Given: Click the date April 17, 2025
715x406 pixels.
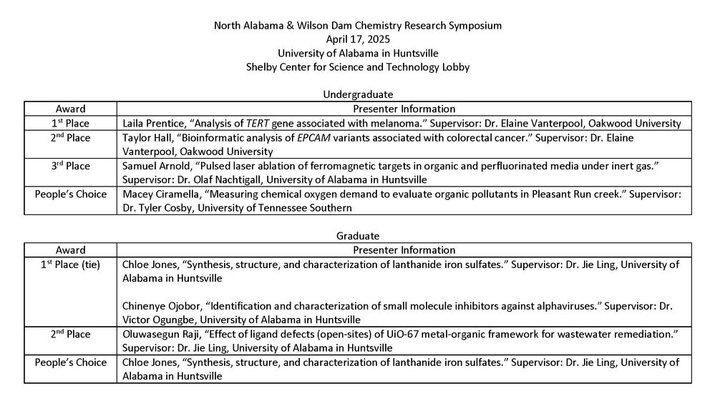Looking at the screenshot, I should (358, 39).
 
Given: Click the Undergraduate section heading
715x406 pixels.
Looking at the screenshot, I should (358, 94).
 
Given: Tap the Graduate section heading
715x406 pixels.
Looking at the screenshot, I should (358, 235).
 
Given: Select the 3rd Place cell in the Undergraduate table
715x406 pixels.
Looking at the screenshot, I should (71, 166).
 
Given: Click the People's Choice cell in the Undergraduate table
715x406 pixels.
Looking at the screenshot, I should (71, 194).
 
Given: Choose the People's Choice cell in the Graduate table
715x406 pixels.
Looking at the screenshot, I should (71, 362).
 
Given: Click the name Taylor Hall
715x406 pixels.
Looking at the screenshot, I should (146, 137).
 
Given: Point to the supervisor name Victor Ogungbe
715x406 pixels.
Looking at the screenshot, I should (160, 320).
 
